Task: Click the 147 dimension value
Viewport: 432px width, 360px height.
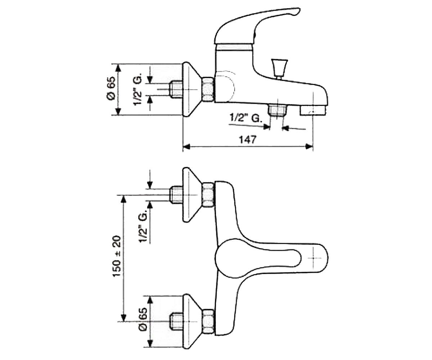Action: pyautogui.click(x=248, y=140)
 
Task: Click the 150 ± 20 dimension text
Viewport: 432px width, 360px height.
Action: pyautogui.click(x=117, y=256)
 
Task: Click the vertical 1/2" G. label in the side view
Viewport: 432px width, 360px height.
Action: pyautogui.click(x=138, y=89)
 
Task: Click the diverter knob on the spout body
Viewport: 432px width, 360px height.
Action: pyautogui.click(x=280, y=69)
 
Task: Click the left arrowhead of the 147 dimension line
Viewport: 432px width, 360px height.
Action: pyautogui.click(x=186, y=147)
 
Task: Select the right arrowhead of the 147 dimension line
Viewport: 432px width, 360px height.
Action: pyautogui.click(x=309, y=147)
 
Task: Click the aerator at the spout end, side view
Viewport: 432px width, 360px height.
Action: pyautogui.click(x=313, y=111)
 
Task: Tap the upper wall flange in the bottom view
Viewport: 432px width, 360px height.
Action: pyautogui.click(x=192, y=195)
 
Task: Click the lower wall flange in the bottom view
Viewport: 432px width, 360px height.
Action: pyautogui.click(x=192, y=322)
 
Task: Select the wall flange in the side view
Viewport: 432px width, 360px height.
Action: pyautogui.click(x=192, y=89)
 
